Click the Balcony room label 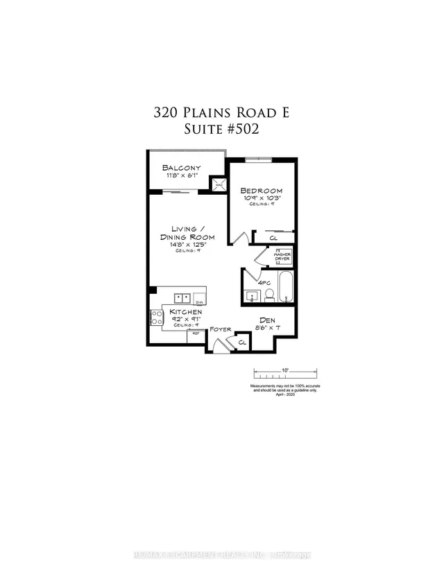tap(181, 168)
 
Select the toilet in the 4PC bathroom tap(270, 297)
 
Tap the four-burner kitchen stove tap(155, 318)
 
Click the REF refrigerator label tap(196, 333)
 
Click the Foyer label tap(221, 330)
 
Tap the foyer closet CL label tap(242, 342)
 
